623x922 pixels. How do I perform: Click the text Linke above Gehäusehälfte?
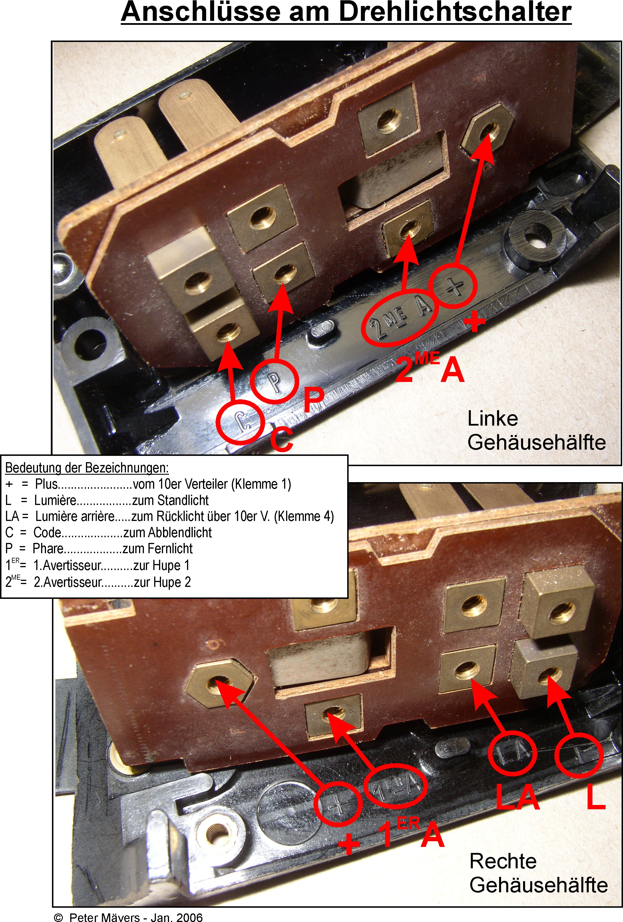pyautogui.click(x=493, y=418)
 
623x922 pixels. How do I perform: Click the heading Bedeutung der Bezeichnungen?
pyautogui.click(x=87, y=468)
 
